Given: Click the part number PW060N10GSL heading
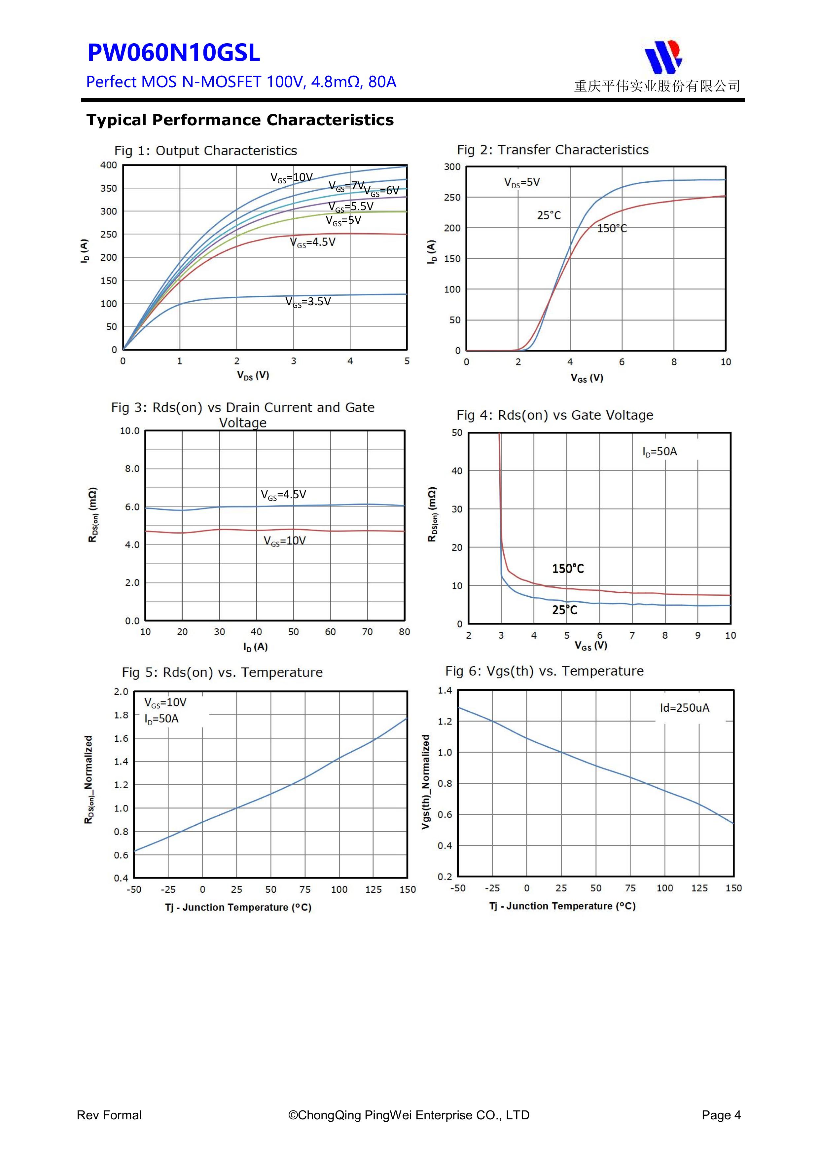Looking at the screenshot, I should [x=174, y=53].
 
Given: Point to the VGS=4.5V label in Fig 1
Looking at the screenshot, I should [x=312, y=242].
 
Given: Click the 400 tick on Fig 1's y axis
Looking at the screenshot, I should [x=109, y=165].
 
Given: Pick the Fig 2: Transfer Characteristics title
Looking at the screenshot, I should [x=552, y=150].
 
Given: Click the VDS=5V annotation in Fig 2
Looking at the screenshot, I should [x=522, y=182].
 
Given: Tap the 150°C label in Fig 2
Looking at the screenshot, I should [x=612, y=229].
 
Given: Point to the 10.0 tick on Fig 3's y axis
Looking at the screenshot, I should [x=130, y=431].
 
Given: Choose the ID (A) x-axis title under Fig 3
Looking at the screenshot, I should [x=255, y=647].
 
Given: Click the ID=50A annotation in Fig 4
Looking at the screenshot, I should [x=659, y=452].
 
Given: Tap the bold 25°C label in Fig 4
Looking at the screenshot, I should [x=564, y=610].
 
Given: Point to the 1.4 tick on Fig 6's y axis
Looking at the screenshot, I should [x=445, y=691].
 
